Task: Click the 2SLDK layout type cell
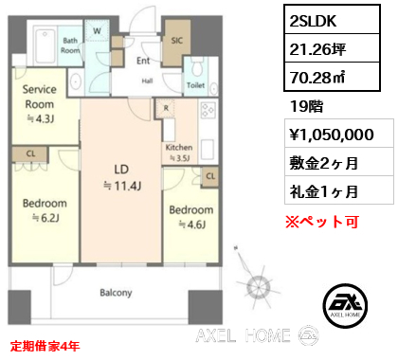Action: tap(332, 20)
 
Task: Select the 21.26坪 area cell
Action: tap(332, 48)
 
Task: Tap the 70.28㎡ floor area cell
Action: tap(332, 77)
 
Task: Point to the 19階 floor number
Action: tap(306, 106)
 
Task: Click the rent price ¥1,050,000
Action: tap(339, 134)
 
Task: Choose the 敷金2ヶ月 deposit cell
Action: tap(339, 162)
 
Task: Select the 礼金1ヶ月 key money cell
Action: tap(339, 190)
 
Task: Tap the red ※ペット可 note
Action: tap(322, 222)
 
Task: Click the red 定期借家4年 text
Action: tap(45, 346)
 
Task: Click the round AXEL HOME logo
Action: tap(345, 305)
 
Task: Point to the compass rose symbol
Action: tap(257, 281)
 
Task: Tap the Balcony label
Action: tap(116, 293)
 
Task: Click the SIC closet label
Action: tap(176, 41)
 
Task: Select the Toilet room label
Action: tap(195, 85)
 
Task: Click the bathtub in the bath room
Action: tap(45, 46)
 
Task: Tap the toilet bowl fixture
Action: tap(197, 67)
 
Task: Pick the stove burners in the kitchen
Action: tap(208, 110)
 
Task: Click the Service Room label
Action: tap(40, 97)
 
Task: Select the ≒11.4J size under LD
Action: tap(122, 186)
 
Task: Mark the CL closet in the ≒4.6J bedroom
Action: tap(210, 176)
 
